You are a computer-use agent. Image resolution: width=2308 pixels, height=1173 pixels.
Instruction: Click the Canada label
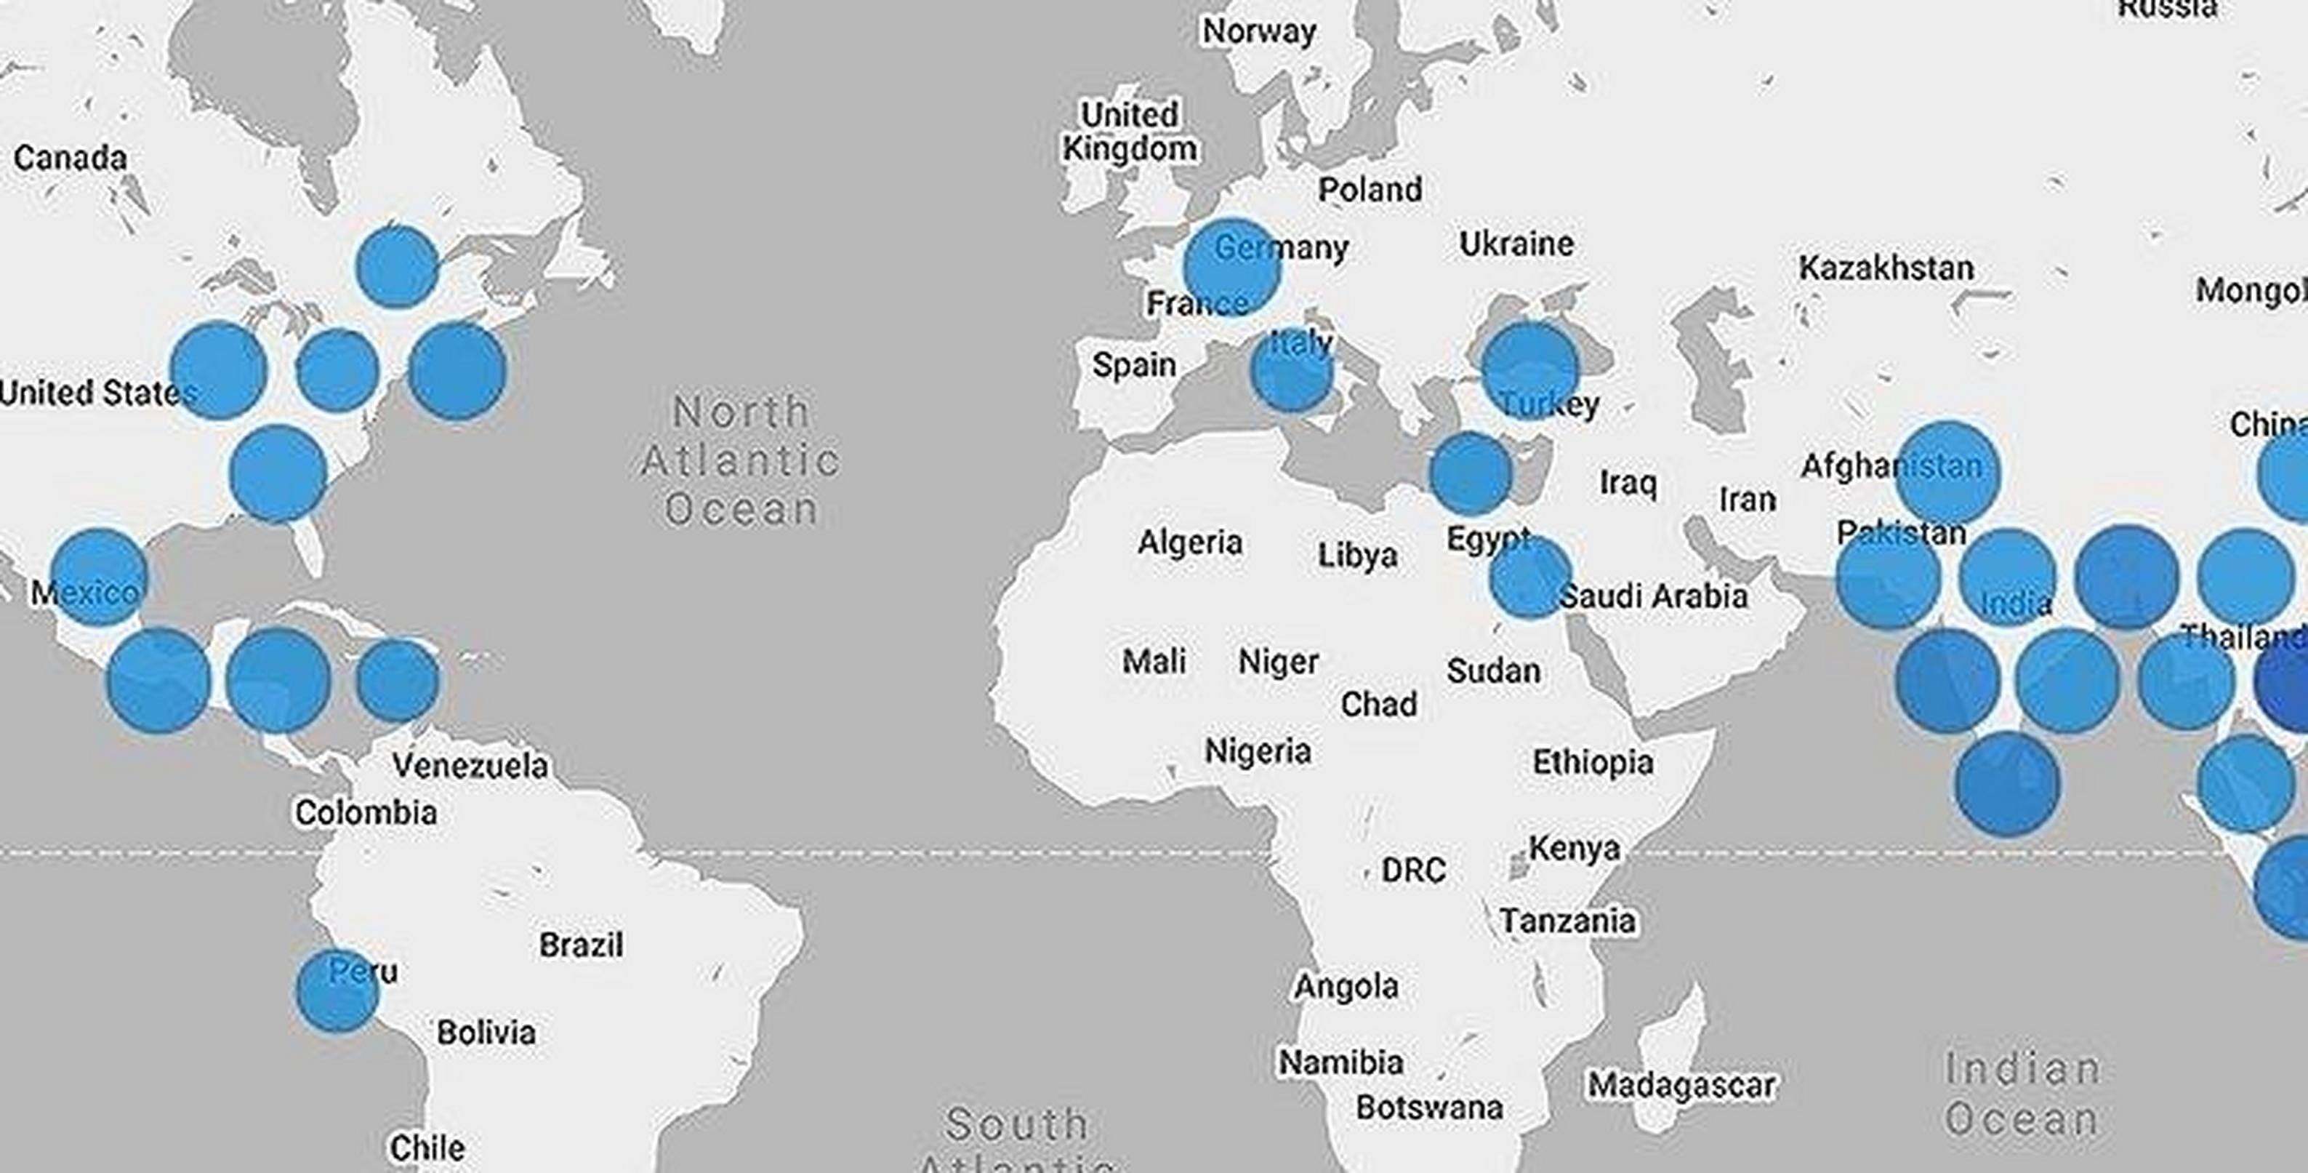(70, 159)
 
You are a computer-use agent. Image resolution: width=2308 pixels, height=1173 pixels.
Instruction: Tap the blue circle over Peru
(337, 990)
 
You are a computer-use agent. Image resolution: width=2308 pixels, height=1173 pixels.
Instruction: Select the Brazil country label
(581, 945)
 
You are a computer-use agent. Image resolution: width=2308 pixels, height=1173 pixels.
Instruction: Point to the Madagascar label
(1681, 1085)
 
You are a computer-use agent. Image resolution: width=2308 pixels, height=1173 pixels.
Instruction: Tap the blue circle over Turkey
(1529, 369)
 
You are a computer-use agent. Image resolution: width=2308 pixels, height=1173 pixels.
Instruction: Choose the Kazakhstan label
(1886, 268)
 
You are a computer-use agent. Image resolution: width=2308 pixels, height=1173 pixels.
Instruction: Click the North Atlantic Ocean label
(741, 460)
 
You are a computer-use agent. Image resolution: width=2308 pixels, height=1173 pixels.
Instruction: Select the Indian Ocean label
(2022, 1094)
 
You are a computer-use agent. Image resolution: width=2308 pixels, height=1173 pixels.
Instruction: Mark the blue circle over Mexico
(99, 577)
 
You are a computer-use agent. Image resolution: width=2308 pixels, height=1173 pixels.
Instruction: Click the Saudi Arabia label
(1653, 596)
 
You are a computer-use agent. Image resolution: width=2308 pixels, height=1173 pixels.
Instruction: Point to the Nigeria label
(1258, 751)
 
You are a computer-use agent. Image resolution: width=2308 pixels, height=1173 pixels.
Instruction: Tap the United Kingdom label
(1129, 132)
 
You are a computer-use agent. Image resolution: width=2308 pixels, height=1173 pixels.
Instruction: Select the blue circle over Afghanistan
(1947, 471)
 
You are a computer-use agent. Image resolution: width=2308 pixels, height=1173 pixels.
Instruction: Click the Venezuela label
(470, 765)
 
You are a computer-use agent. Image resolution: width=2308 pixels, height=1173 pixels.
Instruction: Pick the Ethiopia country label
(1592, 763)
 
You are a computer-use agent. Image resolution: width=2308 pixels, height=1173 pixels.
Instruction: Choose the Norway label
(1259, 31)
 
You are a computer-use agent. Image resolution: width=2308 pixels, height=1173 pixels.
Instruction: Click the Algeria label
(1190, 543)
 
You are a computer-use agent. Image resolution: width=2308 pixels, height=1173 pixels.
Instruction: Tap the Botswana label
(1429, 1108)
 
